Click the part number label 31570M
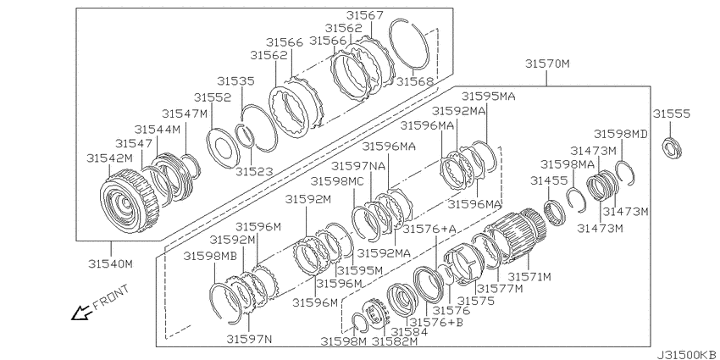click(x=547, y=64)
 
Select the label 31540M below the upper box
click(x=111, y=264)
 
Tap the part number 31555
click(x=672, y=114)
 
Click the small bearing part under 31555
click(x=672, y=148)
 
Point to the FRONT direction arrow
click(x=80, y=313)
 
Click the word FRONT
click(x=111, y=297)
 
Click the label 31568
click(x=415, y=81)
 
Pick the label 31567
click(x=364, y=15)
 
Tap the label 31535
click(x=235, y=80)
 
